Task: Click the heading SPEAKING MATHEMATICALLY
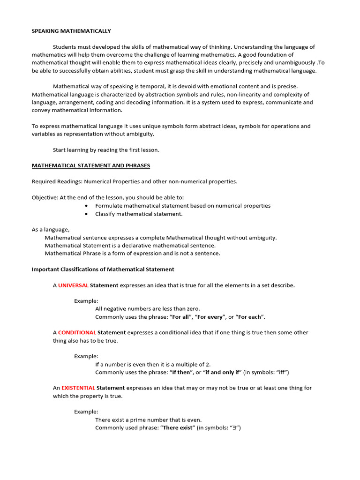pos(71,31)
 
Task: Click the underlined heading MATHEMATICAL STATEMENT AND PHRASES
pos(91,165)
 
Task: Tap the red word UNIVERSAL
pos(73,285)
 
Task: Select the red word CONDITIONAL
pos(77,332)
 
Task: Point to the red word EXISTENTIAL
pos(78,388)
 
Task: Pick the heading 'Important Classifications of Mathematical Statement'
pos(103,269)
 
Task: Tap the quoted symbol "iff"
pos(280,372)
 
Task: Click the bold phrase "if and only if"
pos(222,372)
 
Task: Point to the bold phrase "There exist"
pos(178,427)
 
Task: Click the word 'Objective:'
pos(45,197)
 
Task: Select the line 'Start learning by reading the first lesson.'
pos(106,150)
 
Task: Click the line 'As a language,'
pos(51,229)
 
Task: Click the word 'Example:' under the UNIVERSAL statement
pos(86,300)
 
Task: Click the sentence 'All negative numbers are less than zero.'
pos(148,308)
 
